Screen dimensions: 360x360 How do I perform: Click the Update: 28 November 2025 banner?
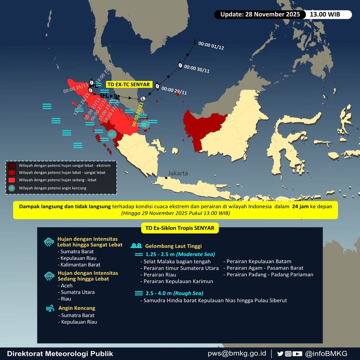[260, 14]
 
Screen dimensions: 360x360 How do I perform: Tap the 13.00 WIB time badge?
[328, 14]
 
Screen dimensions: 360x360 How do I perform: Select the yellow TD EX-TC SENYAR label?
[129, 84]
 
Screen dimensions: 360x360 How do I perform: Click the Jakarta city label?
[178, 173]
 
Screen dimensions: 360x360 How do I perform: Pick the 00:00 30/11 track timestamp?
[197, 69]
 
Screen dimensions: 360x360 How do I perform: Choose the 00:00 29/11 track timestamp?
[174, 91]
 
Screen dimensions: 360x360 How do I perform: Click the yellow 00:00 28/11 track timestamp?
[137, 114]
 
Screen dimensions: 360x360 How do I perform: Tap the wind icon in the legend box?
[12, 188]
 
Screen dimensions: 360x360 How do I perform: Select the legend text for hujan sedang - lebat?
[58, 180]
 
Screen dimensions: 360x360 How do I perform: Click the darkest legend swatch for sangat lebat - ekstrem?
[12, 166]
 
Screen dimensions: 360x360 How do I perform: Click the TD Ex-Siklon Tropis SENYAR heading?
[180, 228]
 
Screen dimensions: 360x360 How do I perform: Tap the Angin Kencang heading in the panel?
[77, 308]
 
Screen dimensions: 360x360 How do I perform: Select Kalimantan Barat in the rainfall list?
[80, 265]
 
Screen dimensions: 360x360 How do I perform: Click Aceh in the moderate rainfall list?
[66, 285]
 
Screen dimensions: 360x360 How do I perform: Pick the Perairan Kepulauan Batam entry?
[259, 261]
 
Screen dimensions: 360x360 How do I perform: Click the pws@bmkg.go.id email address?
[237, 353]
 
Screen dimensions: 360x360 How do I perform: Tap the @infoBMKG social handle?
[326, 353]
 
